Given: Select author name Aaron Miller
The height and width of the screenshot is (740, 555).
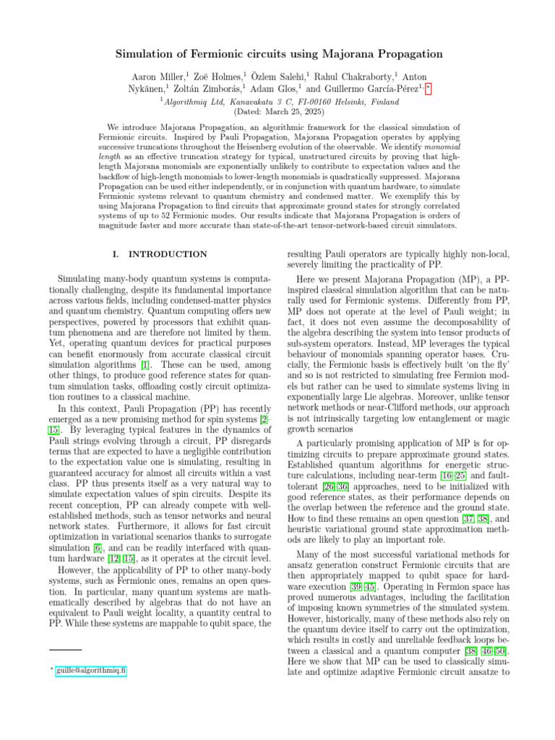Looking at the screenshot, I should tap(157, 75).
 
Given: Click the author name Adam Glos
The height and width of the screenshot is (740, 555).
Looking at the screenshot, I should tap(275, 89).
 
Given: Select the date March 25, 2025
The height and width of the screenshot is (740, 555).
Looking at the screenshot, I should tap(293, 112).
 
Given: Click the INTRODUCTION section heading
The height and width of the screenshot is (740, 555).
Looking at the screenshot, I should tap(168, 254).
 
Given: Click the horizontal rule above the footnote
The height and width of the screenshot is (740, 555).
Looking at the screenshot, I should tap(66, 650).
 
